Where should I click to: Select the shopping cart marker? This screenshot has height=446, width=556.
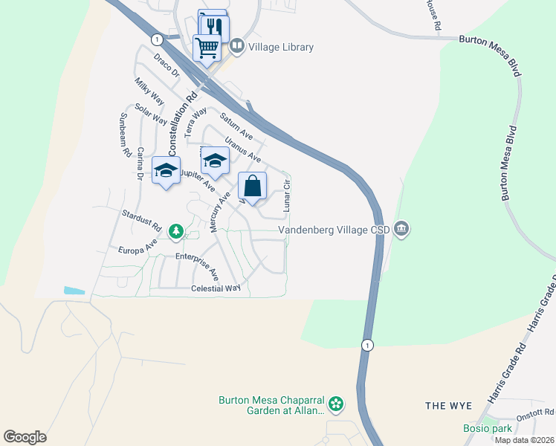(x=207, y=48)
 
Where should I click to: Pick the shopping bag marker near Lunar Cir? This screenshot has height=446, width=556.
(x=252, y=187)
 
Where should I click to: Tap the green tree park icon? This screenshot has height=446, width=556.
(x=176, y=233)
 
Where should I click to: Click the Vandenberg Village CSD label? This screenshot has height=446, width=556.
(x=334, y=230)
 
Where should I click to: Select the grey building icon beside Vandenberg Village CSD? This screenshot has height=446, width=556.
(x=401, y=227)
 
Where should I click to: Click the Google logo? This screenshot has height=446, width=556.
(x=25, y=436)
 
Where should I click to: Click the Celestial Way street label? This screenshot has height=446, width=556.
(x=216, y=288)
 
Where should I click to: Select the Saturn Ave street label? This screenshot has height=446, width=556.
(x=236, y=126)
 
